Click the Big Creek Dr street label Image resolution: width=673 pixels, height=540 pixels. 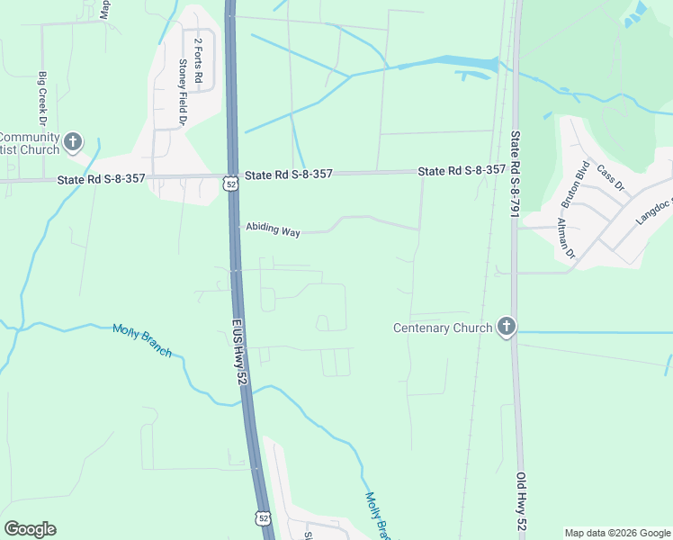[x=41, y=99]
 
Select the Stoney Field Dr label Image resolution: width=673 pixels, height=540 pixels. [x=182, y=92]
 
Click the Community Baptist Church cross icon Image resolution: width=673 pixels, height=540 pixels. [x=73, y=141]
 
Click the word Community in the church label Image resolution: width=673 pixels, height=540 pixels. [x=30, y=137]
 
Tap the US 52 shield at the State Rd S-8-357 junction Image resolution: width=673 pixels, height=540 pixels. [x=230, y=184]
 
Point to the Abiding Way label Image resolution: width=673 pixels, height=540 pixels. [x=273, y=231]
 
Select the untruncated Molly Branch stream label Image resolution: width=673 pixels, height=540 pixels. [x=142, y=340]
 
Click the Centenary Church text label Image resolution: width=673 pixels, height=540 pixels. [x=443, y=328]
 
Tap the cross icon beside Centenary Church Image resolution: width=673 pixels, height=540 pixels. [x=506, y=327]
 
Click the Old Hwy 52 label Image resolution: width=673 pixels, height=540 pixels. [x=522, y=504]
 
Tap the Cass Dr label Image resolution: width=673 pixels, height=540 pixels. [x=610, y=178]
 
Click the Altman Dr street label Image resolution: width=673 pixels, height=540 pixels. [x=566, y=238]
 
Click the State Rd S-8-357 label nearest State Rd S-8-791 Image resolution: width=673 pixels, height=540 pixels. [x=462, y=170]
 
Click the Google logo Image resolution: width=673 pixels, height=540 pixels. [x=30, y=529]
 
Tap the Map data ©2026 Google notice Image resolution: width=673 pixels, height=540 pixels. [x=616, y=533]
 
